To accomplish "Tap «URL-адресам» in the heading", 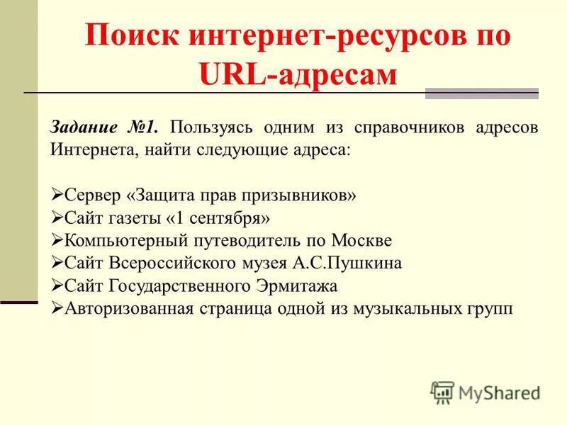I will tap(297, 74).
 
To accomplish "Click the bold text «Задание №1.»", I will tap(103, 128).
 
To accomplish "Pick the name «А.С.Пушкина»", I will tap(347, 263).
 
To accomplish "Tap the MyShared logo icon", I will tap(442, 392).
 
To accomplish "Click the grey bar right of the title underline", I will tap(481, 93).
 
